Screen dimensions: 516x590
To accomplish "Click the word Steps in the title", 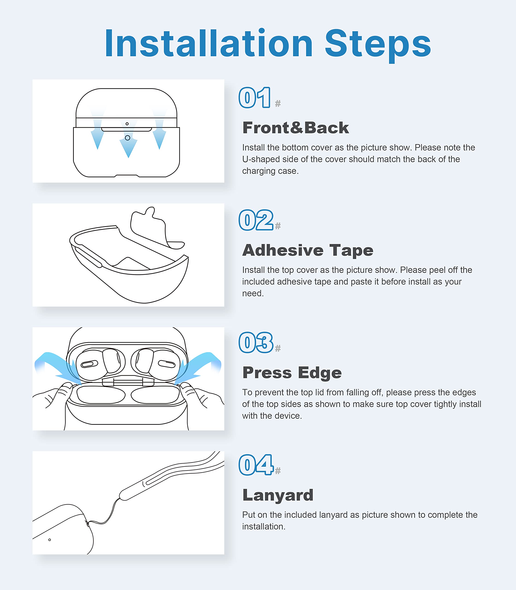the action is pos(378,45).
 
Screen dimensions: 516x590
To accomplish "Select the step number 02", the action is pos(256,220).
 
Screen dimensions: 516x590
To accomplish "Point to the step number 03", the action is pos(256,342).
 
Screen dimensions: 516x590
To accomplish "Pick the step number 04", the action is pos(256,465).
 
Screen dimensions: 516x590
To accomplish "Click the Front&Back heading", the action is pos(296,128).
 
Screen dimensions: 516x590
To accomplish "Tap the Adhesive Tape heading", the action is pos(308,250).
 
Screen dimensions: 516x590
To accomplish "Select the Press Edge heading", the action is pos(292,373).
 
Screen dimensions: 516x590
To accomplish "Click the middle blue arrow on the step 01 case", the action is pos(128,141).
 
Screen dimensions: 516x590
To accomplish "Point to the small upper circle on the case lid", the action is pos(127,124).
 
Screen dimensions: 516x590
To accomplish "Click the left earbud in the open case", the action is pos(99,364).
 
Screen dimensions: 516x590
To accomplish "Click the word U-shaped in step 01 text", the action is pos(261,159).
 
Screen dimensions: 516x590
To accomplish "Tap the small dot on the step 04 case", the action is pos(50,540).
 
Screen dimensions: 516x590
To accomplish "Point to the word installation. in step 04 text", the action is pos(264,526).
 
